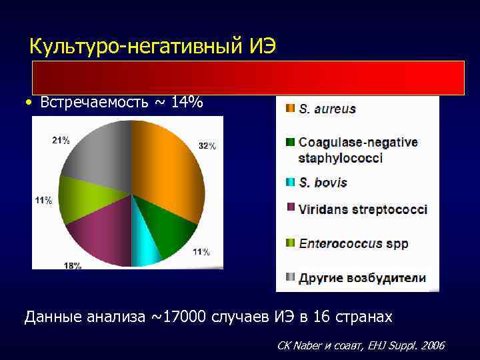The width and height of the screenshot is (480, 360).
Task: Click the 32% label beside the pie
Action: (x=207, y=146)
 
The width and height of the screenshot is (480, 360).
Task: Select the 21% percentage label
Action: (x=61, y=140)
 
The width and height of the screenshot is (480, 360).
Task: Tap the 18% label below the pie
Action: (x=73, y=266)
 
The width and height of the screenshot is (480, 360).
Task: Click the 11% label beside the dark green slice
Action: (x=201, y=252)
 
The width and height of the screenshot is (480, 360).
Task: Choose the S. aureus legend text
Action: (x=327, y=109)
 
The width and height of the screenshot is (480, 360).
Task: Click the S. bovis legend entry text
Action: (x=323, y=182)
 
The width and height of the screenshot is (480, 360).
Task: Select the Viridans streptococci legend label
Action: (x=363, y=209)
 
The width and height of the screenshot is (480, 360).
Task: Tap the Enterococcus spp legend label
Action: (x=353, y=243)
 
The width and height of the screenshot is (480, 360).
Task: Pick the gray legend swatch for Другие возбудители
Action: (x=289, y=277)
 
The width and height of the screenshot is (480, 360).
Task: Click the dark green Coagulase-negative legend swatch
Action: (x=289, y=142)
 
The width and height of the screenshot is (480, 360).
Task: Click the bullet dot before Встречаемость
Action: (x=27, y=103)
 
